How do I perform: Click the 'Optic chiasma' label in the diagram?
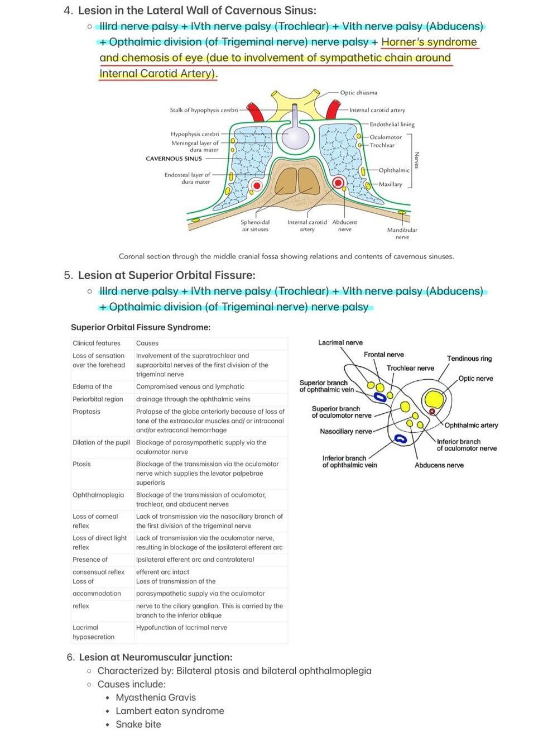358,93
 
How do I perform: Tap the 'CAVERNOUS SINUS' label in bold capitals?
174,159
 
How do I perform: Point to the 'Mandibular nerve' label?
402,233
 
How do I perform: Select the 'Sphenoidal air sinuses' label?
255,226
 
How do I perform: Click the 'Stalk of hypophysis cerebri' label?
204,110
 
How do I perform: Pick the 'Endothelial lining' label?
392,124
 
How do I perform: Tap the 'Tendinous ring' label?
469,359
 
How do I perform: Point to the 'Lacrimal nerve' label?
340,342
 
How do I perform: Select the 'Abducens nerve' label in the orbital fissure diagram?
439,465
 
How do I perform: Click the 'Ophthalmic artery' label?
471,425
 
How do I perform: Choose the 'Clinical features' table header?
97,343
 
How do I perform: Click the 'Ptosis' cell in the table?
81,464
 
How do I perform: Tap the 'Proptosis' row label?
87,412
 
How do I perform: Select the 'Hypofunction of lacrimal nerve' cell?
181,628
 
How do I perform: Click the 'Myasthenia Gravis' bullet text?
156,697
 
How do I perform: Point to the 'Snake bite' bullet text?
138,724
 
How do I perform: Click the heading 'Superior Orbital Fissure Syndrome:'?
141,327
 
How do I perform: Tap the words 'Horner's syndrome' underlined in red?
429,42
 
